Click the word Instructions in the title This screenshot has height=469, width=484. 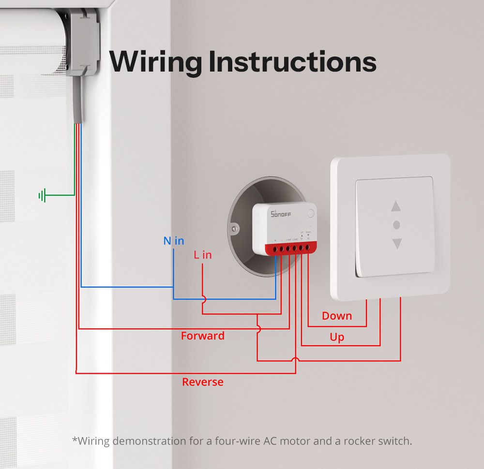click(292, 62)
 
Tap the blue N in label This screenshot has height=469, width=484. click(173, 241)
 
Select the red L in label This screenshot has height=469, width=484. click(202, 255)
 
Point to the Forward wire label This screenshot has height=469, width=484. click(202, 336)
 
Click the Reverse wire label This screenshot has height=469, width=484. click(202, 382)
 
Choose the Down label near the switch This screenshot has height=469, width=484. click(337, 316)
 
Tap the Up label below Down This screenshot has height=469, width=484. click(337, 337)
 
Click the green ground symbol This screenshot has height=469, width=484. click(43, 196)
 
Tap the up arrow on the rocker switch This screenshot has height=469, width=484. click(396, 206)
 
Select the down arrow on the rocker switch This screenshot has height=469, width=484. click(397, 243)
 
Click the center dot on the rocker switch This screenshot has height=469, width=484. click(397, 225)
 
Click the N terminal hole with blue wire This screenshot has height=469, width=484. click(275, 249)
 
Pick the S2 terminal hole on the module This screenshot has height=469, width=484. click(307, 248)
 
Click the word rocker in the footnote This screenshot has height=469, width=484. click(352, 441)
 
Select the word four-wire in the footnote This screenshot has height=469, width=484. click(237, 441)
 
